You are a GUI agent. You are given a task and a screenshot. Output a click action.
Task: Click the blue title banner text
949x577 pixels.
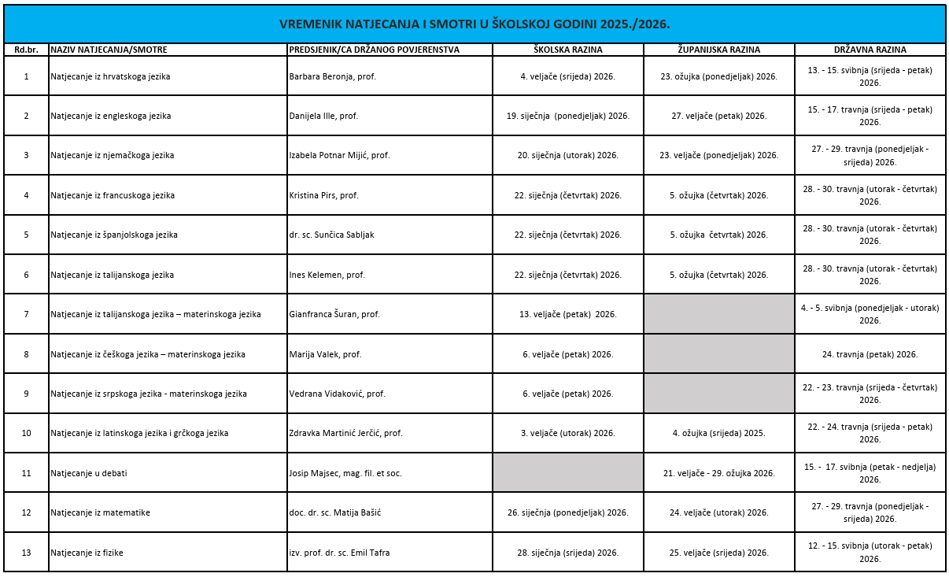coord(474,24)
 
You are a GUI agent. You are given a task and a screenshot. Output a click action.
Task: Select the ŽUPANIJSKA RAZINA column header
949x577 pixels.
coord(718,50)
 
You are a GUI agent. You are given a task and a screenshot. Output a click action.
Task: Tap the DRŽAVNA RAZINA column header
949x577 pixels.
coord(870,50)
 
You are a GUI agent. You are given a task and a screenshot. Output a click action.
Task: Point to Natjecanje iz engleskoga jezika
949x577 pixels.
coord(111,116)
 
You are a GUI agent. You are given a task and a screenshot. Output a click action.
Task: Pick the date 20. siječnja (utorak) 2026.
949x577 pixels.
coord(567,155)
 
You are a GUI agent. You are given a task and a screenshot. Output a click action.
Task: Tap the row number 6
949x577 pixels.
coord(26,275)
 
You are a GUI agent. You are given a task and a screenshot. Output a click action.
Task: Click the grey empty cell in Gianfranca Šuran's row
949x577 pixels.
coord(718,314)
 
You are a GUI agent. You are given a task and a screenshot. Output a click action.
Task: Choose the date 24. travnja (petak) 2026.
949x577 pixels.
coord(870,354)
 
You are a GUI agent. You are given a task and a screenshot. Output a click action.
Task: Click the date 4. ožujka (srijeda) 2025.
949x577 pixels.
coord(718,433)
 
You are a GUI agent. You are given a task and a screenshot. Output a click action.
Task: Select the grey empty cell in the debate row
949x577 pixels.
coord(567,473)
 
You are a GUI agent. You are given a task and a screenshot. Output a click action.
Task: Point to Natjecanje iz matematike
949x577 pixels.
coord(101,512)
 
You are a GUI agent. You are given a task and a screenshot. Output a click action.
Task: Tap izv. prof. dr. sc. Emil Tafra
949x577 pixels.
coord(339,553)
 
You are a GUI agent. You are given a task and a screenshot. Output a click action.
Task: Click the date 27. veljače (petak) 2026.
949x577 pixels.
coord(718,116)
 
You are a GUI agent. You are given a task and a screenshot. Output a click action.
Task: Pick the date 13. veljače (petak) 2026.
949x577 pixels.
coord(567,314)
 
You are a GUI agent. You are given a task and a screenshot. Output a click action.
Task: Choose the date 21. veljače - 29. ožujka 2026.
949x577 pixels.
coord(718,473)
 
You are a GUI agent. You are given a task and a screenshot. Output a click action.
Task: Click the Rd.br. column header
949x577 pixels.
coord(26,50)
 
